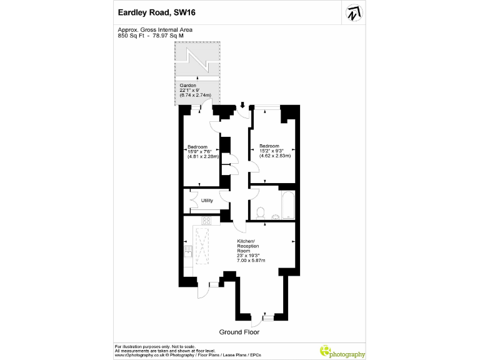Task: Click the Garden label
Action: tap(188, 85)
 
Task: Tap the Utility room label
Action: tap(207, 201)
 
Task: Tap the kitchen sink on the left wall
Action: tap(187, 251)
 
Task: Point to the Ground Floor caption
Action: tap(239, 332)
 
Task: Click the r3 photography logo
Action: tap(342, 352)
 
